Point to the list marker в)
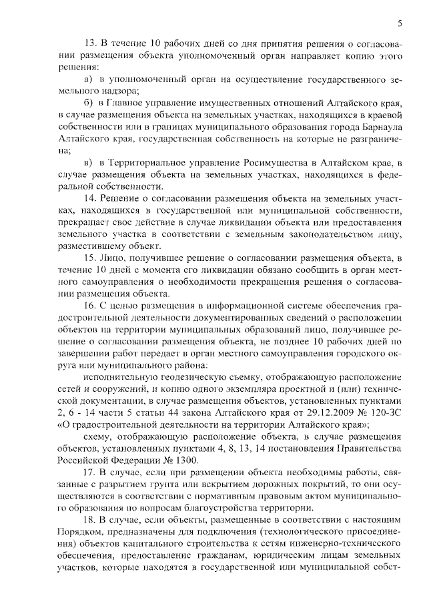(89, 164)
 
